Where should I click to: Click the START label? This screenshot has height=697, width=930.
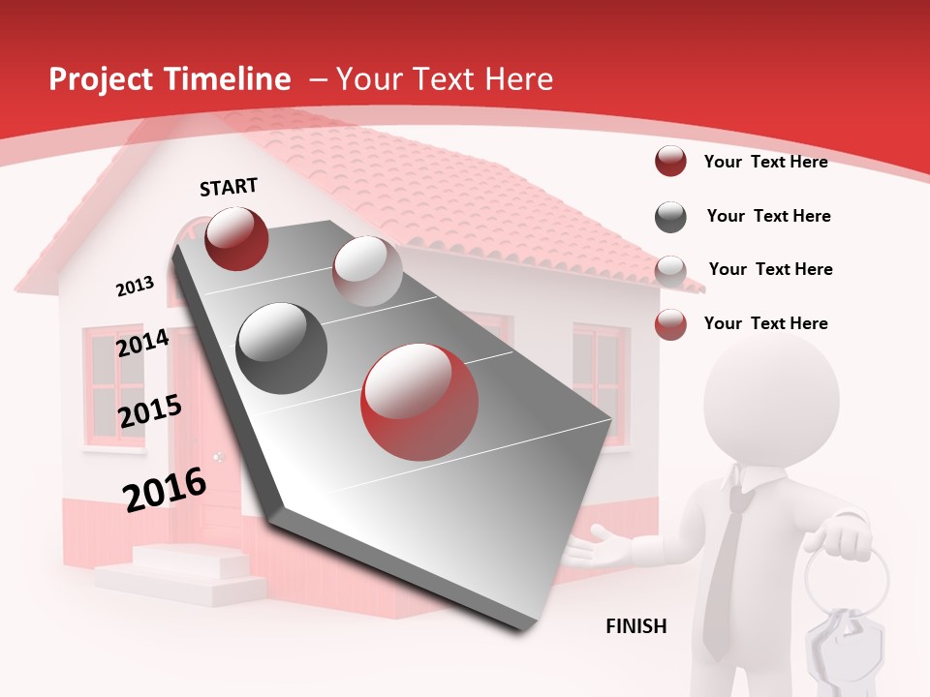[x=229, y=187]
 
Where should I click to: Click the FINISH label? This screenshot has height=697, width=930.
[x=636, y=626]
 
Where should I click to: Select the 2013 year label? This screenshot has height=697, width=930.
[x=136, y=286]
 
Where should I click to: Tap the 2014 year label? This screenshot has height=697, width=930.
[x=143, y=343]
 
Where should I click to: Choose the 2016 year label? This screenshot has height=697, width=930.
[x=165, y=489]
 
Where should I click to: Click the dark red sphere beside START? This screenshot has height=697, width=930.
[x=236, y=238]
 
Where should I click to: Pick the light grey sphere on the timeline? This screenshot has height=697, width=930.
[x=367, y=270]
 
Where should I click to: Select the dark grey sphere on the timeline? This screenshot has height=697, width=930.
[x=281, y=348]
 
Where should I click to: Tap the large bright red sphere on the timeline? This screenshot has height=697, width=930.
[x=419, y=402]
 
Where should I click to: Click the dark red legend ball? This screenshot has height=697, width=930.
[x=670, y=162]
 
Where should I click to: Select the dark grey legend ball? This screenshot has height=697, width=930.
[x=670, y=217]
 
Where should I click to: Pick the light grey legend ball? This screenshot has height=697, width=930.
[x=670, y=270]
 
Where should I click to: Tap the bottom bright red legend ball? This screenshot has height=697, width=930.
[x=670, y=324]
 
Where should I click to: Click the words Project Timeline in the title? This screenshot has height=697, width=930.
[x=170, y=79]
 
